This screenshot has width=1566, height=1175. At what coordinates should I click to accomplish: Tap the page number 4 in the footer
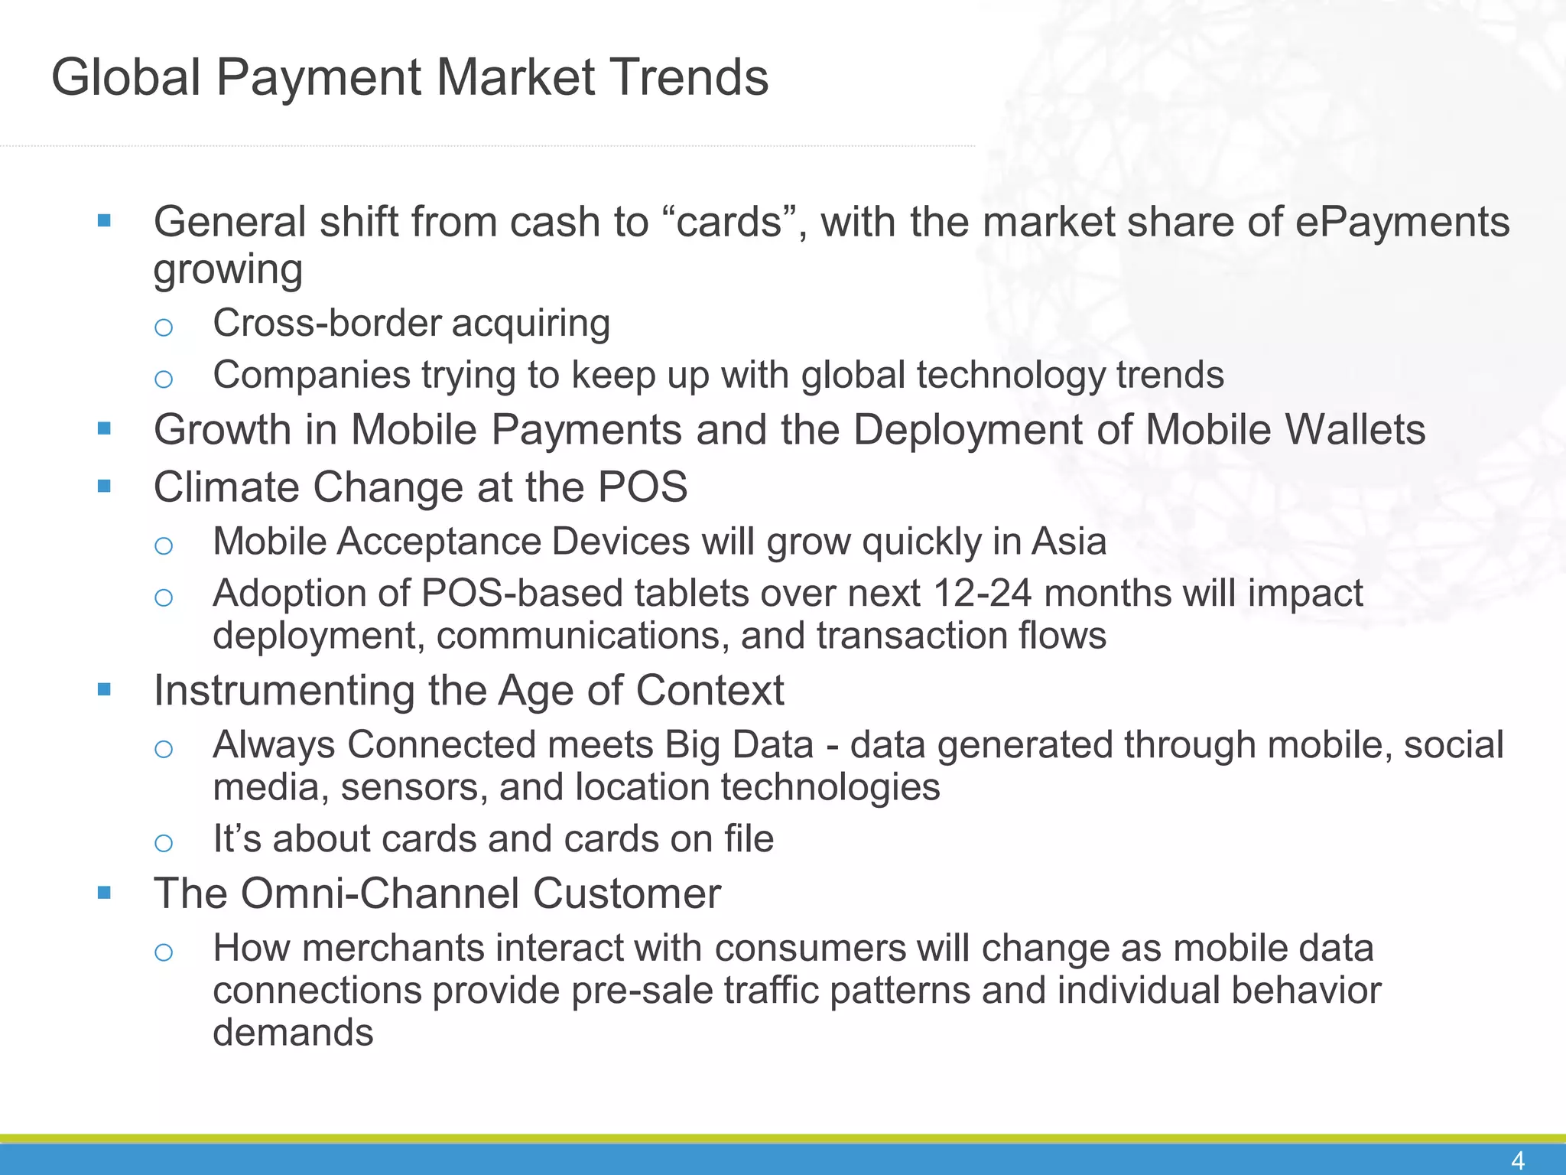click(1518, 1160)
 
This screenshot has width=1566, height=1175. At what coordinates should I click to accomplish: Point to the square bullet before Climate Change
click(105, 486)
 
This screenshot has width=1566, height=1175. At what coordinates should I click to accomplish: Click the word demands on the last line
click(293, 1033)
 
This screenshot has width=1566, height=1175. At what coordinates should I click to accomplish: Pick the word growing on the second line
click(228, 269)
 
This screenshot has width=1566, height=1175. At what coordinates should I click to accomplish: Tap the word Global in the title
click(126, 77)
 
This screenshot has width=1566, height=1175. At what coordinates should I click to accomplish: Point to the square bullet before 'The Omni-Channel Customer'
click(105, 892)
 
